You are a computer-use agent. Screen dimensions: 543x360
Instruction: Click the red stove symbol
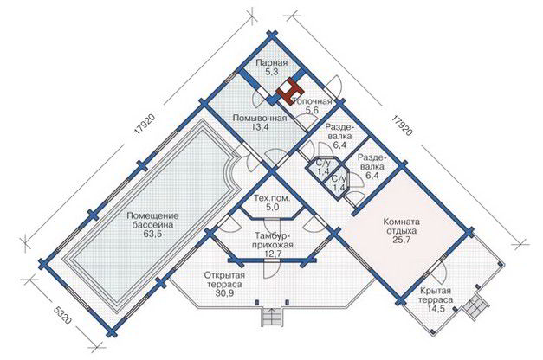pos(290,90)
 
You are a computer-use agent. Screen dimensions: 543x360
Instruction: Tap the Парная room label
pos(272,63)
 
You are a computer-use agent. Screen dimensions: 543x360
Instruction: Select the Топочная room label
pos(312,101)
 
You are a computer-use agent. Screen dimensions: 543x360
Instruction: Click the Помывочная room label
pos(260,118)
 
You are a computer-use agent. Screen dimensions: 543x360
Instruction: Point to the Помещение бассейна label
pos(152,221)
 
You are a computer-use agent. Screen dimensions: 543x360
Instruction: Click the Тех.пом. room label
pos(272,199)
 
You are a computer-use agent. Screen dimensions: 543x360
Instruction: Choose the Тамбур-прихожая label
pos(274,241)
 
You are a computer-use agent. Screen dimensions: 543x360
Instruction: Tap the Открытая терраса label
pos(224,280)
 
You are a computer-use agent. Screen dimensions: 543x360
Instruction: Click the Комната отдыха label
pos(402,226)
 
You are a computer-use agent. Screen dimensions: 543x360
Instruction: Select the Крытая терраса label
pos(436,295)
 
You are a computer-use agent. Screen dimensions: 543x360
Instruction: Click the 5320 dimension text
pos(62,316)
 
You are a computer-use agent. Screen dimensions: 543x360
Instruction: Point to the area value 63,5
pos(152,234)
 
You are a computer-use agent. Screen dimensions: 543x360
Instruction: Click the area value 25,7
pos(402,240)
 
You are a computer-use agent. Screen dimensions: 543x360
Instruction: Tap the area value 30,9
pos(224,293)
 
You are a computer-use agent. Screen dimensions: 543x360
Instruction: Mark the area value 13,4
pos(260,126)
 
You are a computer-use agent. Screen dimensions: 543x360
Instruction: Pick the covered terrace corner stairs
pos(475,306)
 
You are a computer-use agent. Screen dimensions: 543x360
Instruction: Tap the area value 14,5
pos(436,309)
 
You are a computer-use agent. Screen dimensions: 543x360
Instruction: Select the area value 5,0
pos(272,208)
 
